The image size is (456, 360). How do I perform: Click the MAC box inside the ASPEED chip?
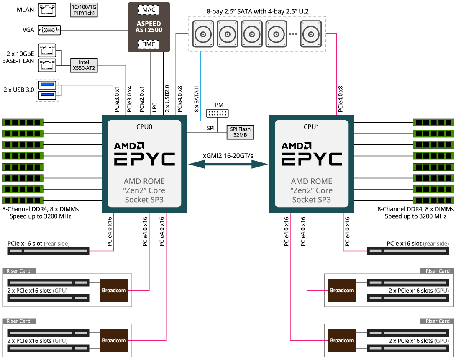(x=149, y=9)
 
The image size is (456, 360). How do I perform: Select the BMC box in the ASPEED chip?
(x=149, y=44)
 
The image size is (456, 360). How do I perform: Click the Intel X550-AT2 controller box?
(x=84, y=65)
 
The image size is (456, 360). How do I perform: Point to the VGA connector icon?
(x=49, y=30)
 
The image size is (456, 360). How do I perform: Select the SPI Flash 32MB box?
(x=240, y=132)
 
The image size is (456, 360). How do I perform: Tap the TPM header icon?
(x=217, y=113)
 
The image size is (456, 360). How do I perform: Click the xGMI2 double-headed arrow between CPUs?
(x=228, y=165)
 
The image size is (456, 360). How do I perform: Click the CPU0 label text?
(x=144, y=126)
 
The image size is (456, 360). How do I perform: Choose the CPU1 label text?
(x=312, y=126)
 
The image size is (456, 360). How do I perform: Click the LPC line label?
(x=154, y=107)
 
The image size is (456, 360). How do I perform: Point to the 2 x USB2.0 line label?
(x=167, y=99)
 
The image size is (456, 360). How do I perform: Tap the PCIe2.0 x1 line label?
(x=142, y=99)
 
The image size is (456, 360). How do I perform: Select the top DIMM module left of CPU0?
(x=23, y=122)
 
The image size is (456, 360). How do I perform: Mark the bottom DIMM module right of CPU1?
(x=433, y=200)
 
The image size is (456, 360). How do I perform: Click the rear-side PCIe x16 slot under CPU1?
(x=409, y=251)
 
